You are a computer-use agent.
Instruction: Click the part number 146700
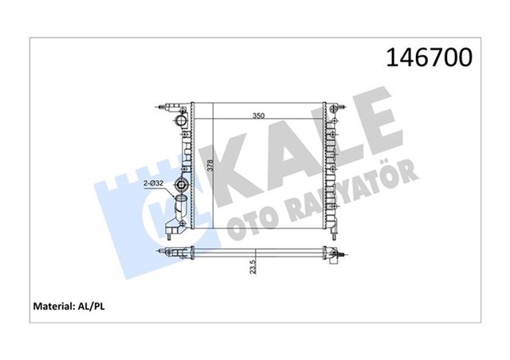pyautogui.click(x=429, y=57)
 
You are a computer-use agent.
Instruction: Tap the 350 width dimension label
pyautogui.click(x=258, y=115)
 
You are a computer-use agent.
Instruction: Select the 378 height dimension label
pyautogui.click(x=210, y=166)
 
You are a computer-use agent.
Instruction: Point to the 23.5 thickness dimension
pyautogui.click(x=253, y=267)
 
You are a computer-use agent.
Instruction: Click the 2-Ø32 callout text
pyautogui.click(x=154, y=183)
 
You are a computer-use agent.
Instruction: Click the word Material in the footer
pyautogui.click(x=53, y=307)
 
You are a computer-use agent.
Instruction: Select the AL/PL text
pyautogui.click(x=91, y=307)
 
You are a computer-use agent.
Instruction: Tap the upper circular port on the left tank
pyautogui.click(x=181, y=120)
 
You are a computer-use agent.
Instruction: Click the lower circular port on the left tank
pyautogui.click(x=181, y=186)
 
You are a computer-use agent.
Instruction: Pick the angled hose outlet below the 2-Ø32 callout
pyautogui.click(x=180, y=208)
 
